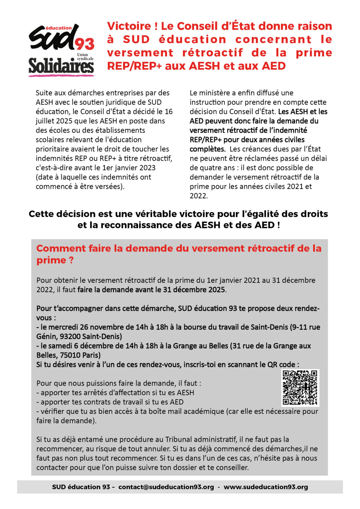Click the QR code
[x=300, y=388]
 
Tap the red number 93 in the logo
[x=84, y=44]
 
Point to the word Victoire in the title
[x=129, y=26]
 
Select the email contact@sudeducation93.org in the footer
[x=166, y=487]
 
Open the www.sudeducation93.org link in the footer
[x=265, y=487]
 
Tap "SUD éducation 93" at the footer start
[x=81, y=487]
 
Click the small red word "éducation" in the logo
[x=58, y=28]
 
